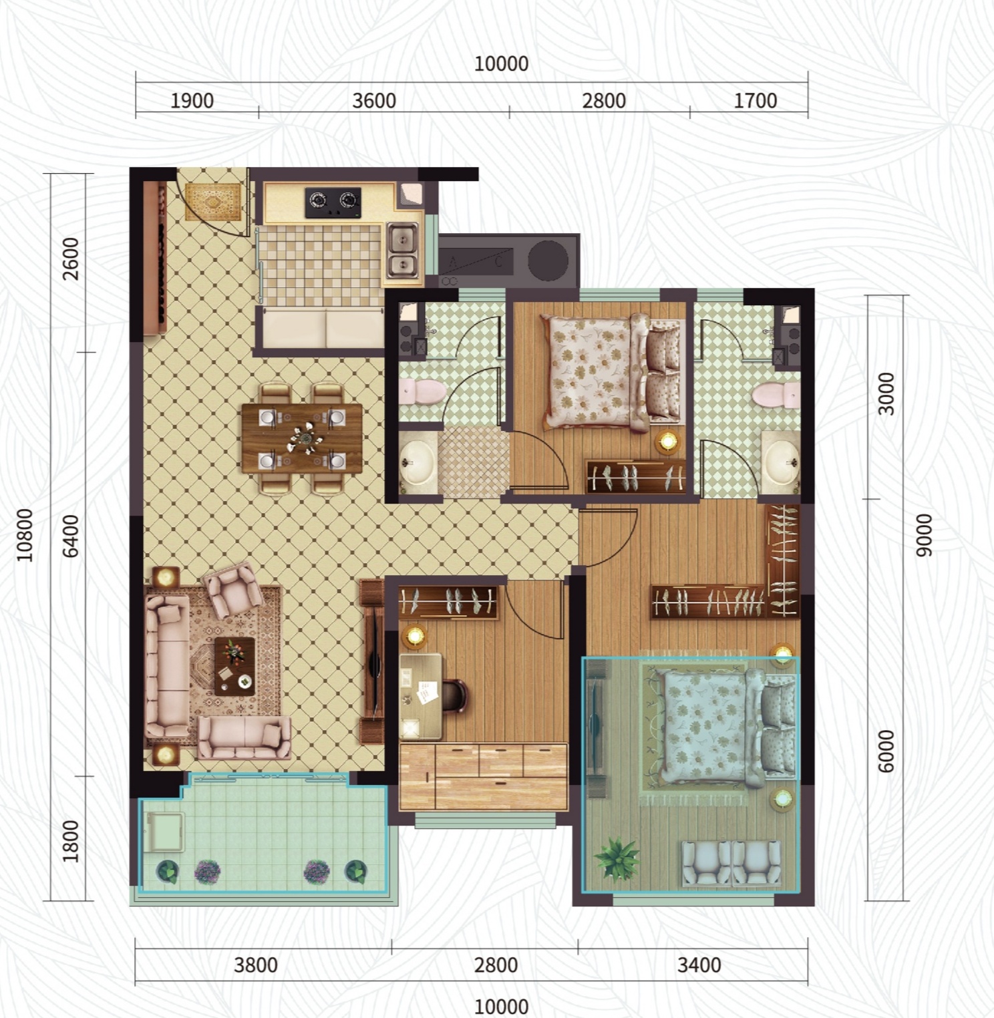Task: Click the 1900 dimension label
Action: click(192, 101)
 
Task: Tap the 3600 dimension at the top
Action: click(374, 101)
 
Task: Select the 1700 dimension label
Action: click(755, 101)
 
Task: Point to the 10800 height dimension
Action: click(25, 534)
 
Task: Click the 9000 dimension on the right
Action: click(924, 535)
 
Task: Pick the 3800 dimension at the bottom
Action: click(256, 965)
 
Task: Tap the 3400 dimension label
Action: click(699, 965)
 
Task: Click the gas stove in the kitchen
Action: click(333, 202)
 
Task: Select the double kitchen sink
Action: click(402, 250)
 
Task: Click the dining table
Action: click(302, 438)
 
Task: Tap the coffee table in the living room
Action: click(234, 666)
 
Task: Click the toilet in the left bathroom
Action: click(422, 391)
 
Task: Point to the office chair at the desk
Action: click(454, 696)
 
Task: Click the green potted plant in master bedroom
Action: click(617, 858)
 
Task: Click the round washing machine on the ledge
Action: click(548, 258)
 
